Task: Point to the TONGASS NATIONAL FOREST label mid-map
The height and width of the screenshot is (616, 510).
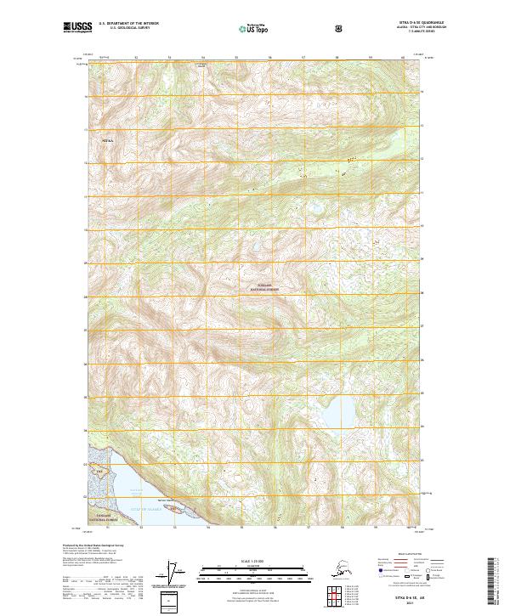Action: (x=264, y=288)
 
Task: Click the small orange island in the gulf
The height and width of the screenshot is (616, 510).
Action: (x=175, y=510)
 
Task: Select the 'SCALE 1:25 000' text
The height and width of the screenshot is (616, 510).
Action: (x=254, y=559)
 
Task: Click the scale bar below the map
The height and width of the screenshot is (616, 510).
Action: (x=254, y=567)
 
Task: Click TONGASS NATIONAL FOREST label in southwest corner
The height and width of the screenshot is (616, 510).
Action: (x=107, y=517)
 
